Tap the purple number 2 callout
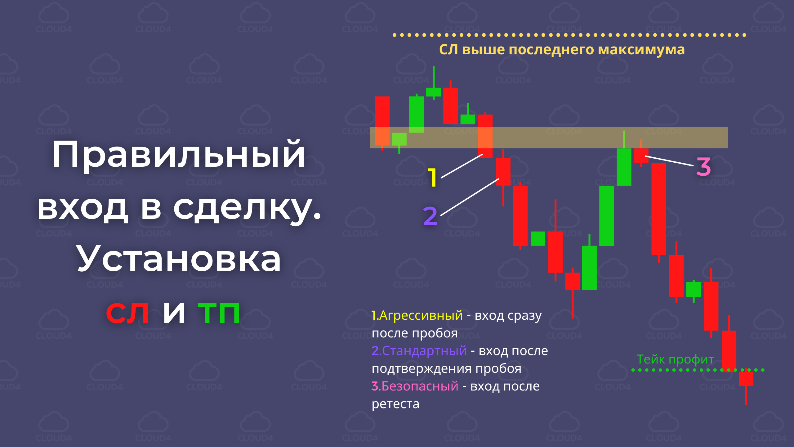point(430,216)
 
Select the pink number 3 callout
point(703,167)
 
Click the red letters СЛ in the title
point(127,313)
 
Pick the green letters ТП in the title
point(219,313)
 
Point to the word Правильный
point(179,154)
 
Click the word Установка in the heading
point(179,258)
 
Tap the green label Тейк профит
point(675,359)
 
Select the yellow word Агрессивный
point(421,315)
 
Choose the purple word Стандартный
point(424,351)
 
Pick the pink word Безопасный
point(420,386)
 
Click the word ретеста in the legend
point(395,404)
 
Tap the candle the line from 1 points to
point(485,136)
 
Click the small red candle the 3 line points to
point(641,155)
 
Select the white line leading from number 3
point(669,161)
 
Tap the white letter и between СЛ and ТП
point(174,313)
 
